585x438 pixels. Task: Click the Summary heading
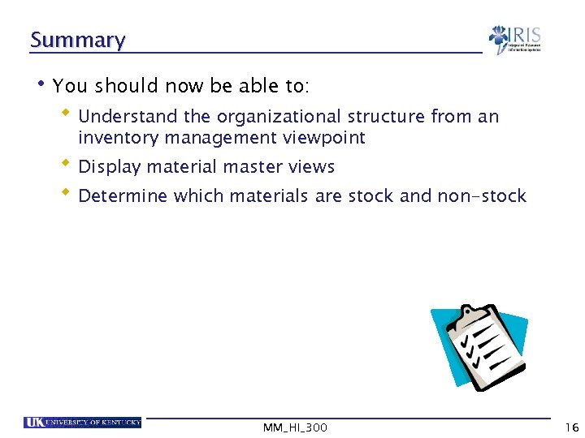point(77,40)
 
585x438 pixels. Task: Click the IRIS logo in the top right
point(514,39)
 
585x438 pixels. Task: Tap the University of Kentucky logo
point(83,423)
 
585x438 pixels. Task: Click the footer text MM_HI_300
point(295,427)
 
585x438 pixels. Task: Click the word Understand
point(118,116)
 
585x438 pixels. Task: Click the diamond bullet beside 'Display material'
point(68,164)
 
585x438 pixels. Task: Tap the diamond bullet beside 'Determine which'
point(68,193)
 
